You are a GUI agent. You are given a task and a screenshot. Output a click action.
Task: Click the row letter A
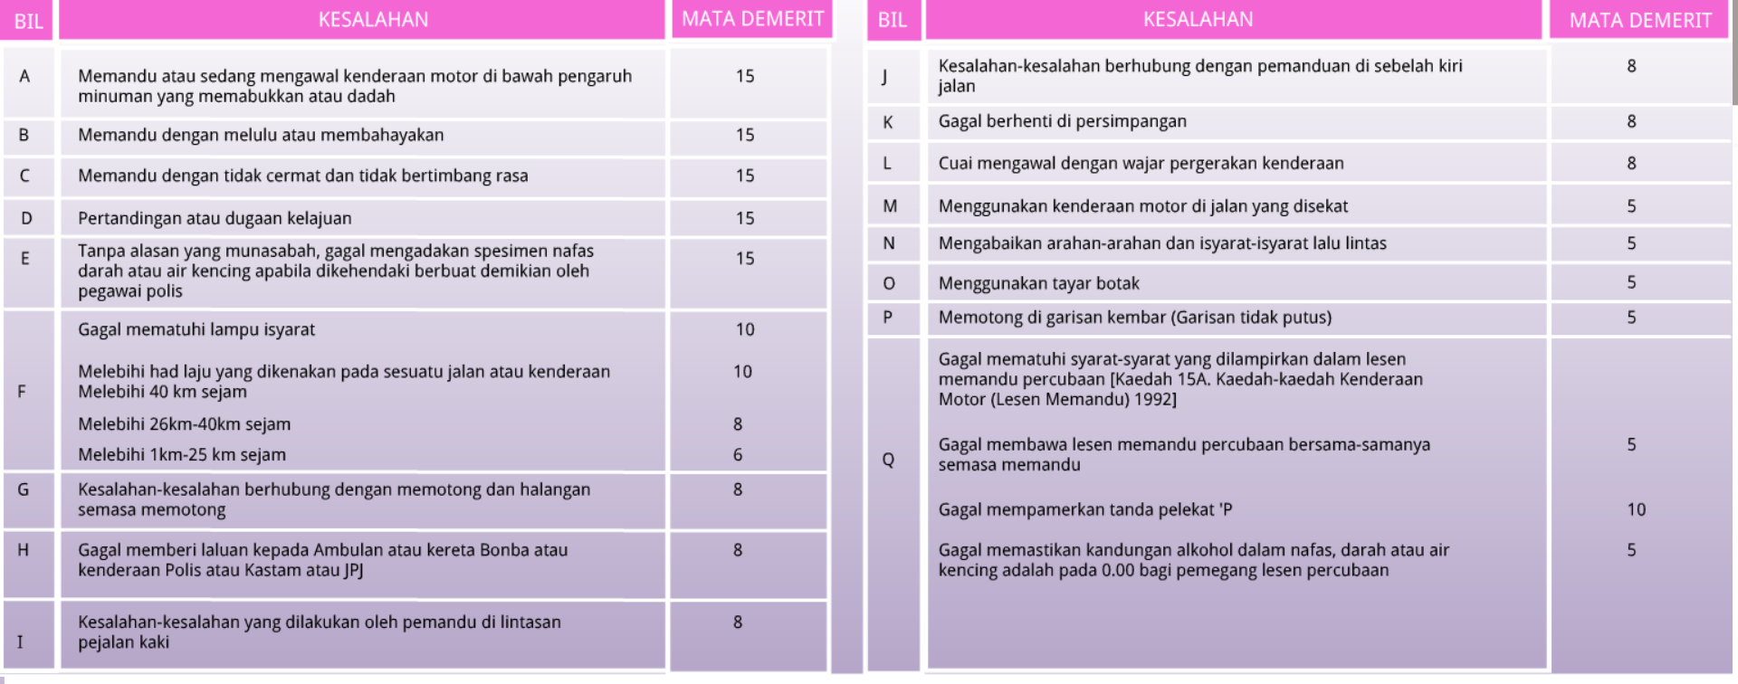[x=24, y=76]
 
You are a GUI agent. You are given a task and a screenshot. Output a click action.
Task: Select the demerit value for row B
[x=744, y=135]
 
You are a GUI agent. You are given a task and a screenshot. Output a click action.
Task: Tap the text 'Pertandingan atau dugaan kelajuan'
[x=215, y=218]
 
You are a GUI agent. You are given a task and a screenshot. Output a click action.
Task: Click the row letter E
[x=24, y=259]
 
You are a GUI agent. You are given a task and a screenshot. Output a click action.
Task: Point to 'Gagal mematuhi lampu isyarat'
[x=196, y=329]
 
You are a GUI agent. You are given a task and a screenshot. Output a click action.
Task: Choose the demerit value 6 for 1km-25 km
[x=738, y=454]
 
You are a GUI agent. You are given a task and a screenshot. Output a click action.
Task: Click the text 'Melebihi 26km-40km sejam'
[x=184, y=423]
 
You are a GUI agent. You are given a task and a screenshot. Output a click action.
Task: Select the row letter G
[x=24, y=489]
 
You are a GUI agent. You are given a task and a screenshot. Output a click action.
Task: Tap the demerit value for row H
[x=738, y=549]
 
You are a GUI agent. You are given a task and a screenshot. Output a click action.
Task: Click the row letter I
[x=20, y=641]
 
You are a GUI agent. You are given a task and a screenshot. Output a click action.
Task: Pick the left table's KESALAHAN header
[x=373, y=20]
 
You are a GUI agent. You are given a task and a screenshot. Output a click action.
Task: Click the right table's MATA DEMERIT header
[x=1640, y=21]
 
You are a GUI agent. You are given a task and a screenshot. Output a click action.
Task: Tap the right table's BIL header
[x=892, y=20]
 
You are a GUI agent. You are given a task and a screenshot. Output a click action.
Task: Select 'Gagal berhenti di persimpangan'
[x=1062, y=121]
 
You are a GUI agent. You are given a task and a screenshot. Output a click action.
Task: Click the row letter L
[x=887, y=163]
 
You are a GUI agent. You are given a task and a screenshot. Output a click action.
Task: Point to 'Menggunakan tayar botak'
[x=1038, y=283]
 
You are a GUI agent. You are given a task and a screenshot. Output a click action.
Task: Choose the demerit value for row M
[x=1631, y=206]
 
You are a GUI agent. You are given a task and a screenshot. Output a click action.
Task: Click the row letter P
[x=887, y=317]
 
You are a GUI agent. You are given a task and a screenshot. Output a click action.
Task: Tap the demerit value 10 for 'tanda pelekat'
[x=1636, y=509]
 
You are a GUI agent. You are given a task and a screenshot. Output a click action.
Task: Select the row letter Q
[x=888, y=460]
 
